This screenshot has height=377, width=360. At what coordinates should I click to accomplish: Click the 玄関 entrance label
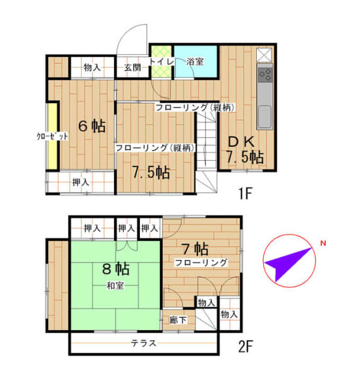coord(132,67)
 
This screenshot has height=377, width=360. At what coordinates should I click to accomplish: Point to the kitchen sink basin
coord(265,115)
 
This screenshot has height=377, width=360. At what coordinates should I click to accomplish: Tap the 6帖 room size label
coord(91,125)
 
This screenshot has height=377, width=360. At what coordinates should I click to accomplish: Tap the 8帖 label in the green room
coord(116,269)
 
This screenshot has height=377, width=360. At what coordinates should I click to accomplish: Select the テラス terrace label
coord(144,343)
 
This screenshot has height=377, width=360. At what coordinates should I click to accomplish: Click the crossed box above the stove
coord(265,54)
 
